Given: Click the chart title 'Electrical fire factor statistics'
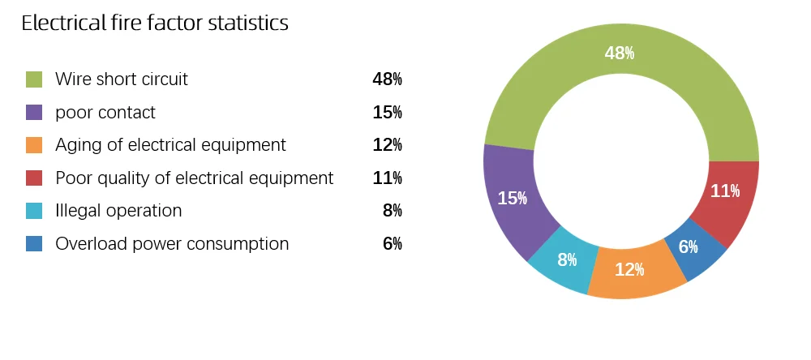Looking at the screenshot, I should (154, 24).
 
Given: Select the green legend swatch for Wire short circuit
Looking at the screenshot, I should (34, 79).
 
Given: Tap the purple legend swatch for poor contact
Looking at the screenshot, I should (34, 113).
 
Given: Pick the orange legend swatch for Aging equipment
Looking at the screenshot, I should (34, 145).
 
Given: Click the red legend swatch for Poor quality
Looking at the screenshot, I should (34, 178).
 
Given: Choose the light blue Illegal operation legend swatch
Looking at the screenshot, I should (34, 211).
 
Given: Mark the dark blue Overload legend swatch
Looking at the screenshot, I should (34, 244).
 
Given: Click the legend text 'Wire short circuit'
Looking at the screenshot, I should (122, 79).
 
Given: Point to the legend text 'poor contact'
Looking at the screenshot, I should (105, 113).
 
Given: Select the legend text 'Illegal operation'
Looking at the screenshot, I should (118, 211).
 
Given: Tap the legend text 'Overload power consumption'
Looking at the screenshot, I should (172, 244).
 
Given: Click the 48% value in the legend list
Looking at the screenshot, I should (387, 79).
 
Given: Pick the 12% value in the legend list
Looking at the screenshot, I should (387, 145).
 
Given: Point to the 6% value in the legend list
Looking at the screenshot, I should (392, 244).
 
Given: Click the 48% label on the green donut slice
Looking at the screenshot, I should (620, 54).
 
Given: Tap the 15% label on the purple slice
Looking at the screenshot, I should (512, 198).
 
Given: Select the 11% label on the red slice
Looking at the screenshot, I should (724, 191).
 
